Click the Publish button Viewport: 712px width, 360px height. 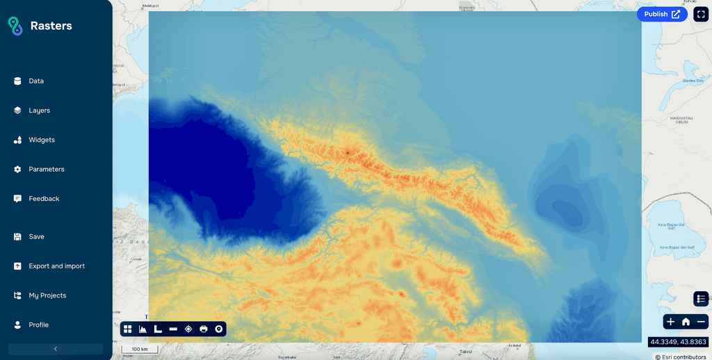point(661,14)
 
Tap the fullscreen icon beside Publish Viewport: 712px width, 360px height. point(701,14)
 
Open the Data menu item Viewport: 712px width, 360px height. point(36,81)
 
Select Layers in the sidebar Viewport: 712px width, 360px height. point(39,111)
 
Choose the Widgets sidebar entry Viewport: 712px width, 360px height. point(42,140)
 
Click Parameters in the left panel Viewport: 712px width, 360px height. point(46,170)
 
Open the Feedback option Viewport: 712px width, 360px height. point(44,199)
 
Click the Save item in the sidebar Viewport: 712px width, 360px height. point(36,237)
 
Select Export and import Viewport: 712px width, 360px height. point(56,266)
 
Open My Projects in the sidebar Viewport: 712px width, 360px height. point(47,295)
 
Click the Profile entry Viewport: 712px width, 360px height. point(38,325)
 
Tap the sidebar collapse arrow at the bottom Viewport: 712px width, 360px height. point(56,349)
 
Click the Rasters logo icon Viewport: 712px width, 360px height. point(15,26)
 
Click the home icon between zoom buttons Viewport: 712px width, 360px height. point(686,321)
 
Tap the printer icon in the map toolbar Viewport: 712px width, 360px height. point(204,329)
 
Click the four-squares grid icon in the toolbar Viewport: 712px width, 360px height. point(128,329)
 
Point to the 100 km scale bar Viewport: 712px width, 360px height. point(139,349)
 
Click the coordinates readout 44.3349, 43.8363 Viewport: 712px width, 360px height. point(678,342)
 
